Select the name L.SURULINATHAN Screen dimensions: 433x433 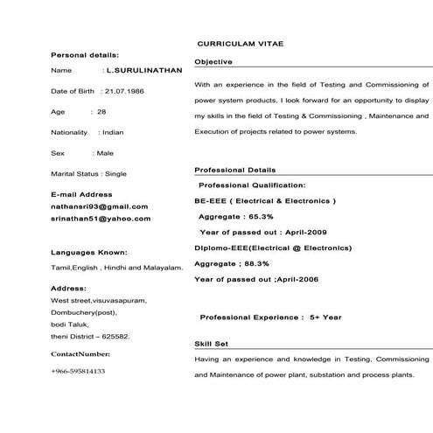142,70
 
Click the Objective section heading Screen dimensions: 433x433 213,62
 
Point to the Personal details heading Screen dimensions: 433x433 86,55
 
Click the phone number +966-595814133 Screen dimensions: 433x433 78,371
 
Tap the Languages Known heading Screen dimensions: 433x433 89,251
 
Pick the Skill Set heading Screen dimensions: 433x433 211,344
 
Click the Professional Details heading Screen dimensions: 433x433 234,170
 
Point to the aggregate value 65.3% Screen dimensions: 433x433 261,216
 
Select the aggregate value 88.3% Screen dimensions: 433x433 255,263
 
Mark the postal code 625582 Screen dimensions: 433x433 116,336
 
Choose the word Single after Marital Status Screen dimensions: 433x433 122,174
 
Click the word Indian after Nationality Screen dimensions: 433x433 114,132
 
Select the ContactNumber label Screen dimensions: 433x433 80,354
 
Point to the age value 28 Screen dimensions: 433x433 101,112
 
